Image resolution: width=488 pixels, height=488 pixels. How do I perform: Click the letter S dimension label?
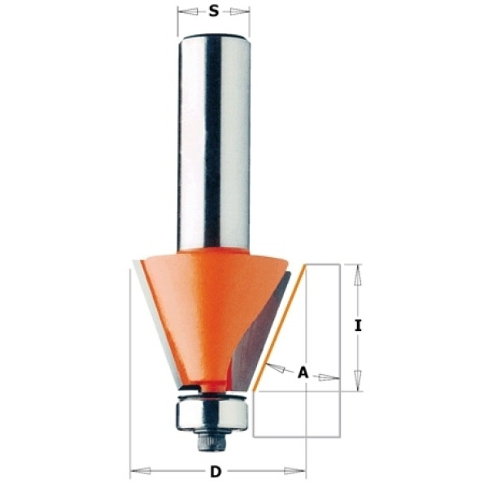[x=213, y=11]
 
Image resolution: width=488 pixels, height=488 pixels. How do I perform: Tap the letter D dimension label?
[x=216, y=472]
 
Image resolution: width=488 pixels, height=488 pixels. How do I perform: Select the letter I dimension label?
[x=358, y=325]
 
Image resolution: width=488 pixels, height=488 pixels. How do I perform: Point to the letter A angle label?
[x=303, y=373]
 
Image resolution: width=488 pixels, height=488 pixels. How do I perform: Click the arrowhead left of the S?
[x=188, y=12]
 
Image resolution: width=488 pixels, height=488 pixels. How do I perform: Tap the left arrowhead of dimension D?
[x=141, y=471]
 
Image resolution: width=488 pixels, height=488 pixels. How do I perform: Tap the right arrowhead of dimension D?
[x=294, y=471]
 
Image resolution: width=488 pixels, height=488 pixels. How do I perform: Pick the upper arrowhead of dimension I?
[x=358, y=275]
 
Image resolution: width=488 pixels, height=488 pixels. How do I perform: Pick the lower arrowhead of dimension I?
[x=358, y=381]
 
